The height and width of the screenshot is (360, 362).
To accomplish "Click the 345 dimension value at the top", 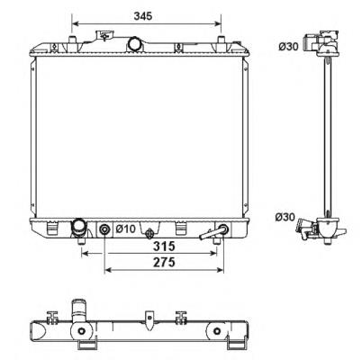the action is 143,15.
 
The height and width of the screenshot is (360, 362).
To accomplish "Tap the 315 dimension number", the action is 164,247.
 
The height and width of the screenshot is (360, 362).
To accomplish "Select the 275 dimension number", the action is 164,262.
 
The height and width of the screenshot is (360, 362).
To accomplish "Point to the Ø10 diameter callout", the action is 126,229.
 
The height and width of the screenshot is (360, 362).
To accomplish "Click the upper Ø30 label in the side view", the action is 288,47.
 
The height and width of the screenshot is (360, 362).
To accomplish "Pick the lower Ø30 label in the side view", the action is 285,217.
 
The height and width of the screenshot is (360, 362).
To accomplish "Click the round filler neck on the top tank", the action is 134,44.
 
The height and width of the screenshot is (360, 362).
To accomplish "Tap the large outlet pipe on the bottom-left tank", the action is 78,228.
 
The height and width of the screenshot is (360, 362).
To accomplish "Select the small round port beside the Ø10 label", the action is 104,229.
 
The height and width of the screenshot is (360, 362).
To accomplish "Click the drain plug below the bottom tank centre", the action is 149,233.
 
